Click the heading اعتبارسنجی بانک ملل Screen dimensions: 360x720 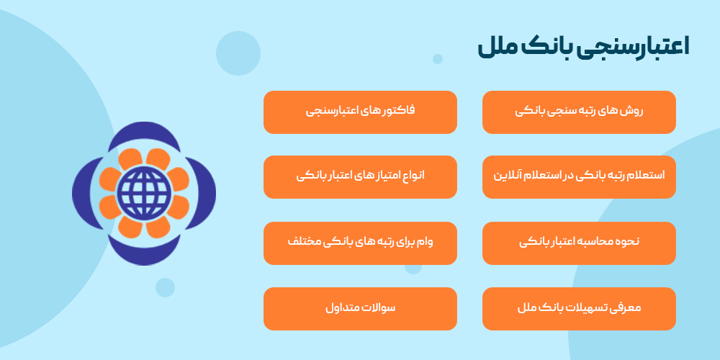pos(583,48)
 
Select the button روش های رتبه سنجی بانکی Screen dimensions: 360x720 pos(579,112)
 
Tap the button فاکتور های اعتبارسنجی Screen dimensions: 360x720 pos(360,112)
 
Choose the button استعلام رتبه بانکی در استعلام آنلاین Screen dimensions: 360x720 pos(579,176)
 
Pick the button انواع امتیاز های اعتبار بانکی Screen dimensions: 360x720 pos(360,176)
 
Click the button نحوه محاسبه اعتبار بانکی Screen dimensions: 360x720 pos(579,243)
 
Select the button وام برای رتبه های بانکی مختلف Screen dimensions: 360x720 pos(360,243)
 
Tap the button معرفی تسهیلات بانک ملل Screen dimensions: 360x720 pos(579,308)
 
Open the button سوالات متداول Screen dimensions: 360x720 pos(360,308)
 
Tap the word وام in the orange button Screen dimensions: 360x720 pos(444,243)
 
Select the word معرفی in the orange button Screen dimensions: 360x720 pos(625,308)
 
